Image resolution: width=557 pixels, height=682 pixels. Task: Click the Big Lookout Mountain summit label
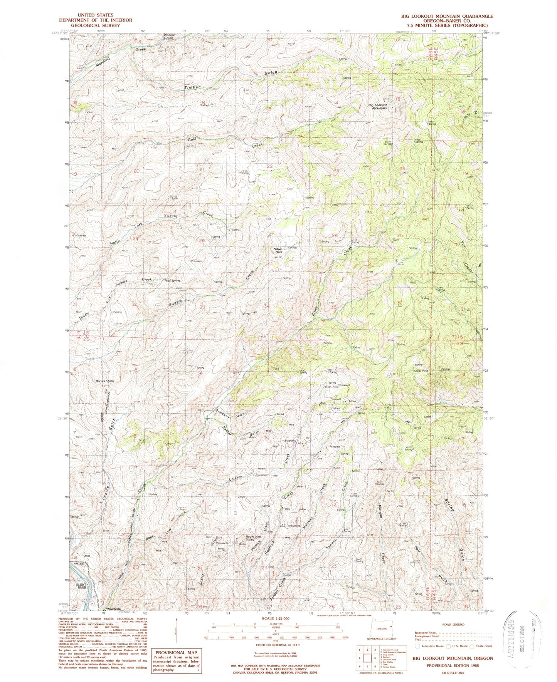coord(377,107)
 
